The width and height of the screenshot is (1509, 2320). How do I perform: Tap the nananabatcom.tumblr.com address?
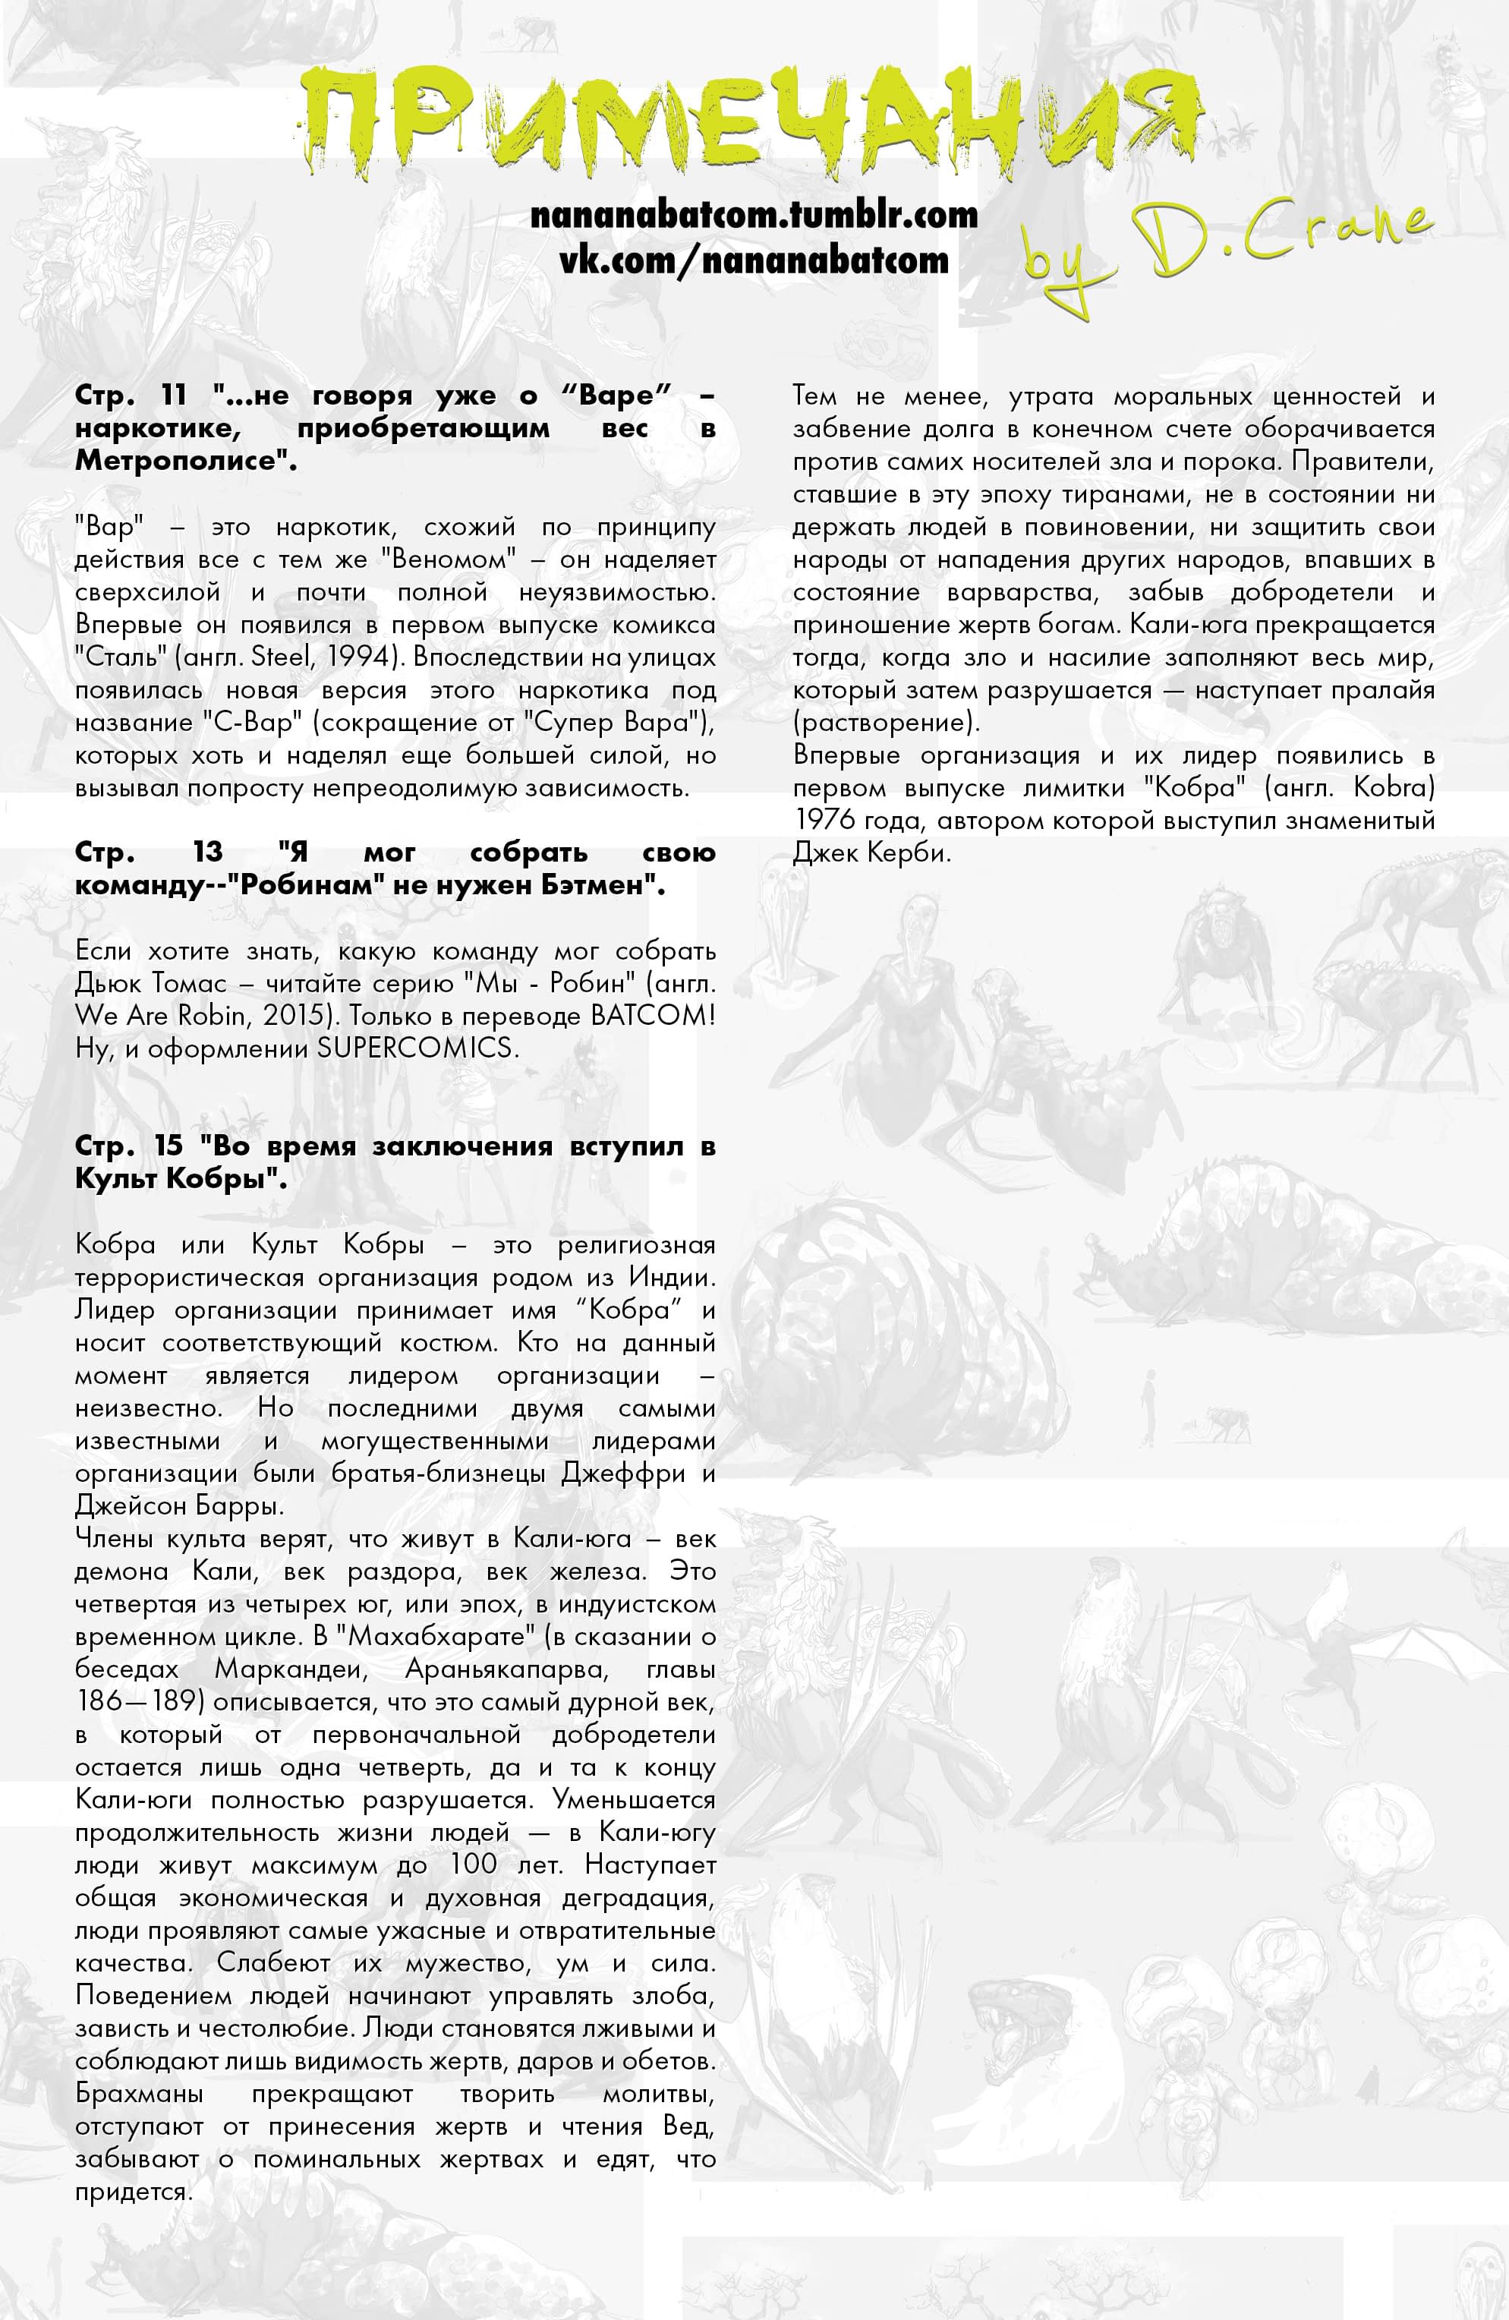754,214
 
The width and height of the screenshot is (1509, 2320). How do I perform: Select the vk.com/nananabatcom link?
754,260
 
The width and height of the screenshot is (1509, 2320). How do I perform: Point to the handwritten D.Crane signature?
1228,248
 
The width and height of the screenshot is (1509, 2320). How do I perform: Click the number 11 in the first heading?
174,395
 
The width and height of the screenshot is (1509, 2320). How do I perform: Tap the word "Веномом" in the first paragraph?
449,560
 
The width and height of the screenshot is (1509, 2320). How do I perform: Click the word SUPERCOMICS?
417,1048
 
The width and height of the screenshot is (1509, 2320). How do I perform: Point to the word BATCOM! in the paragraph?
653,1016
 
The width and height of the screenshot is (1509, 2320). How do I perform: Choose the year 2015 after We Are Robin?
289,1016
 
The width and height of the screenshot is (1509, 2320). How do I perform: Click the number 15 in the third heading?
169,1146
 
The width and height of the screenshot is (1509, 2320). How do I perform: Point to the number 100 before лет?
474,1865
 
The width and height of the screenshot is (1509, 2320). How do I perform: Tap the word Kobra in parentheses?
1394,787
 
